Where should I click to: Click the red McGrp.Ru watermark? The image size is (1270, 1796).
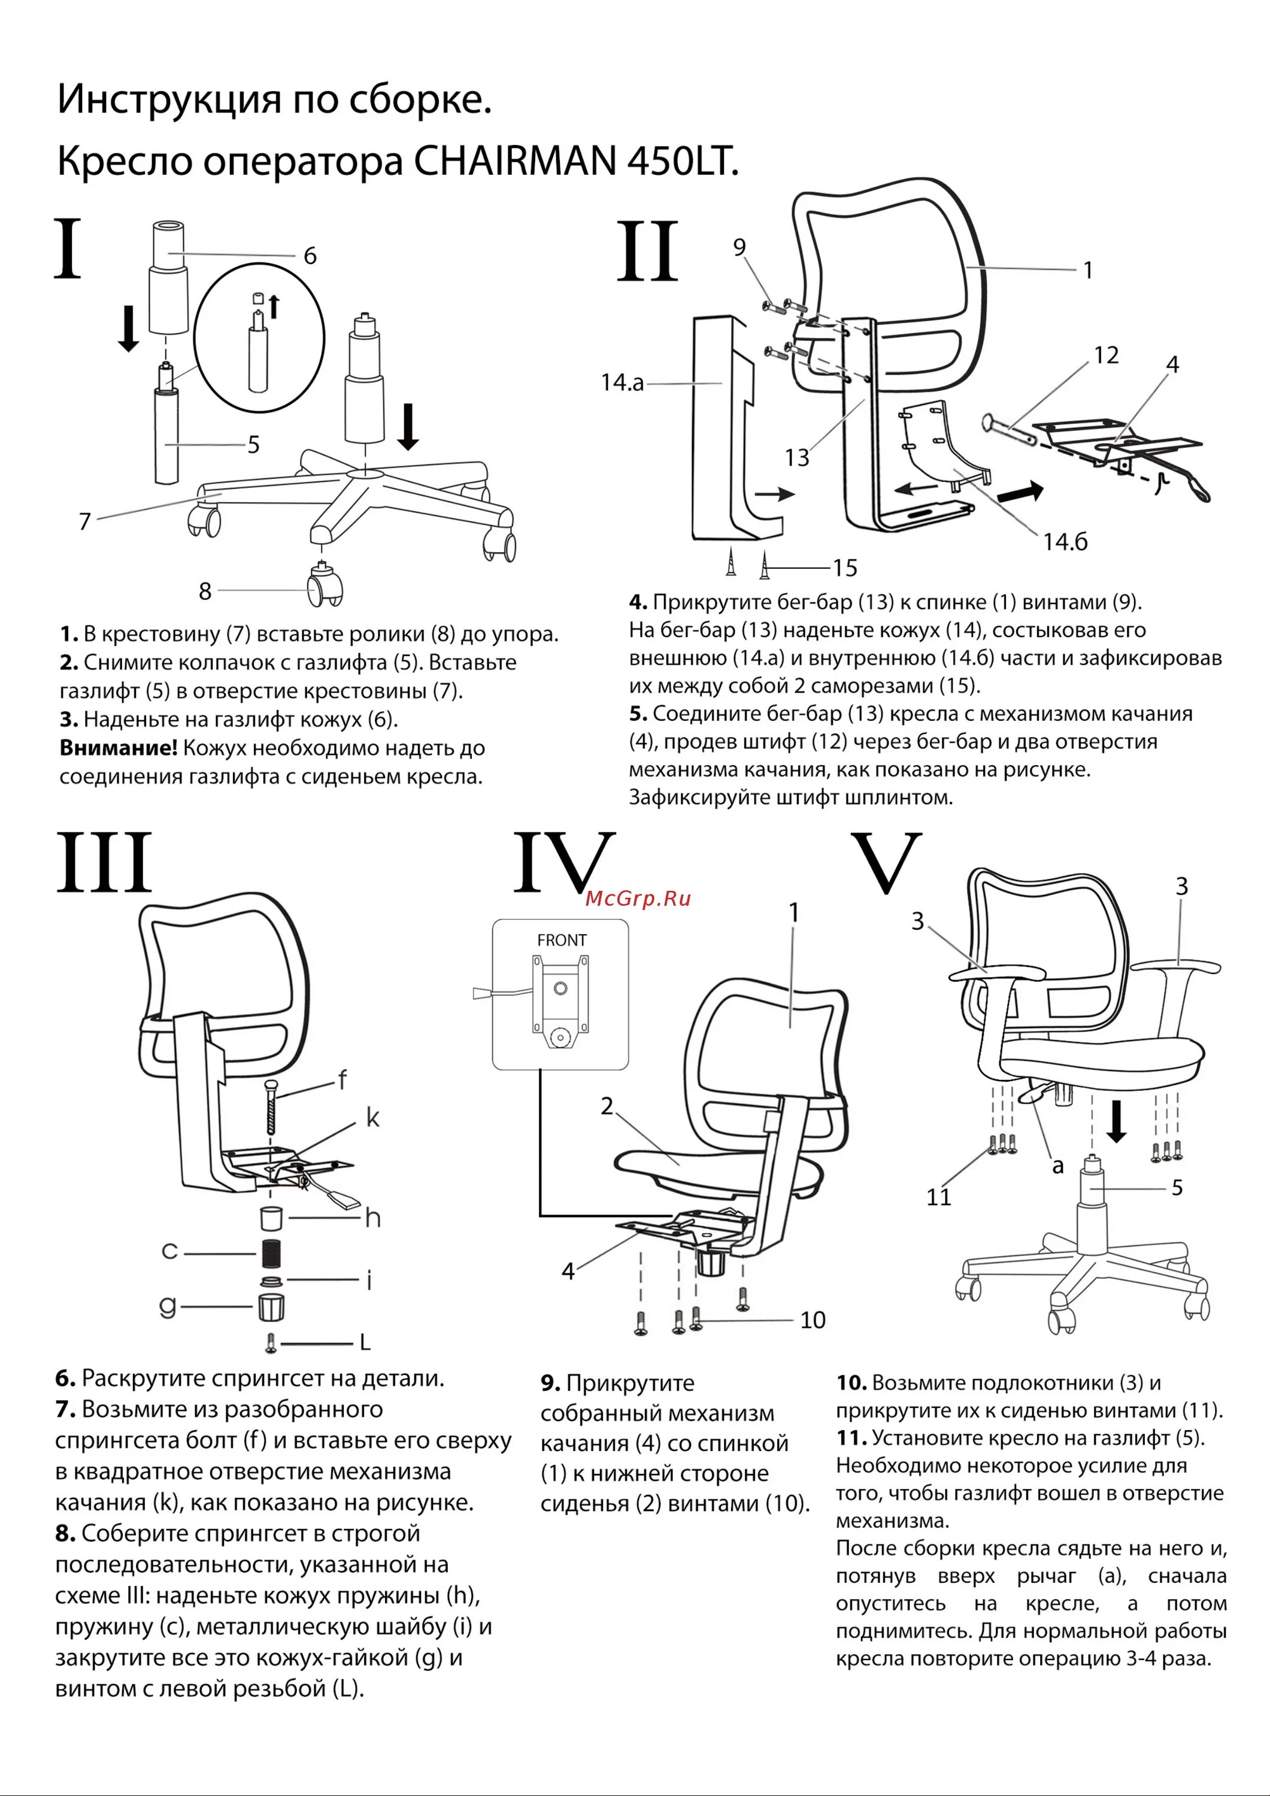(638, 898)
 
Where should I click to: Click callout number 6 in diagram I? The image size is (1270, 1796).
(310, 256)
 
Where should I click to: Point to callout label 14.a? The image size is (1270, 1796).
(622, 383)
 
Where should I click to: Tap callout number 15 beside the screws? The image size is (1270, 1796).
(844, 568)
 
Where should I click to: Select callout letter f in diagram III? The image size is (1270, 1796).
(342, 1080)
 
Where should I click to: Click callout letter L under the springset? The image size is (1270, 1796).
(365, 1343)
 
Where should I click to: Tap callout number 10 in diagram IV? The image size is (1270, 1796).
(812, 1321)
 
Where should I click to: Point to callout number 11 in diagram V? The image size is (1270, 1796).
(938, 1197)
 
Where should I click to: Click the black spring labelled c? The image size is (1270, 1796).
(271, 1252)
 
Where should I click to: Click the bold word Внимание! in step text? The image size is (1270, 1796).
(118, 748)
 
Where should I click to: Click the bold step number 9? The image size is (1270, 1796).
(550, 1384)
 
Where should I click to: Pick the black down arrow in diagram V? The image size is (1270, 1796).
(1117, 1121)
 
